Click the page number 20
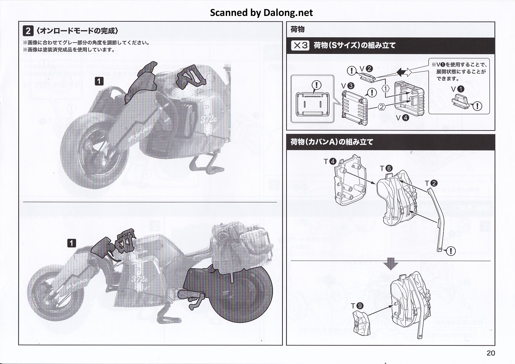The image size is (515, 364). pyautogui.click(x=491, y=353)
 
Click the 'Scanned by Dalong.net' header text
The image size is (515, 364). pyautogui.click(x=261, y=13)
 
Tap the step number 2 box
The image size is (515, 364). pyautogui.click(x=28, y=31)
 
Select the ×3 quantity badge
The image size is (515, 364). pyautogui.click(x=300, y=45)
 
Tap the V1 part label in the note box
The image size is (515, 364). pyautogui.click(x=457, y=89)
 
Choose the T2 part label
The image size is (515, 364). pyautogui.click(x=431, y=183)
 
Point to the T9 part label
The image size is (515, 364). pyautogui.click(x=357, y=306)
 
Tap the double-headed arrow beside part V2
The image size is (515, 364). pyautogui.click(x=404, y=72)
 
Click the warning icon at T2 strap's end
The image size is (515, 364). pyautogui.click(x=451, y=251)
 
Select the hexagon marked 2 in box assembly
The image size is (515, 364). pyautogui.click(x=382, y=107)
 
